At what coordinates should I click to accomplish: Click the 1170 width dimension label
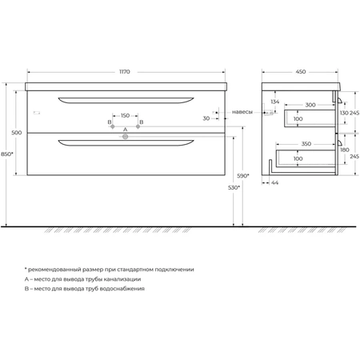125,72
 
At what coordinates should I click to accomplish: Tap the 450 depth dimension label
301,72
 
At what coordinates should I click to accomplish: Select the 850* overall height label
6,154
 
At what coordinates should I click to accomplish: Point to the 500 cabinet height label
17,133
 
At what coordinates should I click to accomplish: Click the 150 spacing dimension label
125,115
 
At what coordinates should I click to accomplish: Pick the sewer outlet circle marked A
125,137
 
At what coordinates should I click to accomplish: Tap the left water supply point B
113,126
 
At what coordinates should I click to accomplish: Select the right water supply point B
138,126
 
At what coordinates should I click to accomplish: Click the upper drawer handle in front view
126,100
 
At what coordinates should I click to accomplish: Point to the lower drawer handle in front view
126,142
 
